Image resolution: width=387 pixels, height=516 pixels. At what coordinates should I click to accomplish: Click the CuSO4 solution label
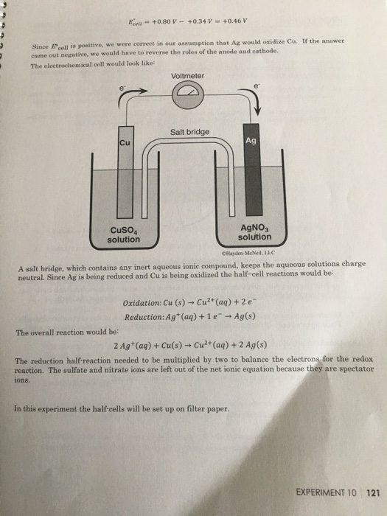point(123,234)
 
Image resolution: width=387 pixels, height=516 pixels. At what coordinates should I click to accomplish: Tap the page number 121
point(372,492)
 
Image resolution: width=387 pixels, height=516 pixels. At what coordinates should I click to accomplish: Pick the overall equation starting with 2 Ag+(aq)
point(190,344)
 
